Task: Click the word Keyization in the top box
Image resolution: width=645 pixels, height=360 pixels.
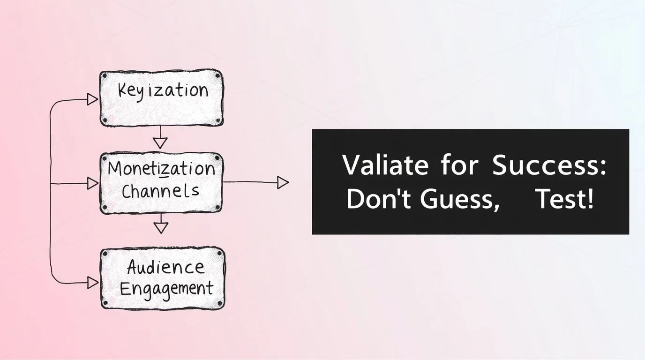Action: (x=163, y=91)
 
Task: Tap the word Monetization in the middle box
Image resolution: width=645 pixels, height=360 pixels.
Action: (x=161, y=168)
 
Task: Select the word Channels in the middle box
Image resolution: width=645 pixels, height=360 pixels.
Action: (x=160, y=191)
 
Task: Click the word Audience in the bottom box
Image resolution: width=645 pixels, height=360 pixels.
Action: (x=165, y=267)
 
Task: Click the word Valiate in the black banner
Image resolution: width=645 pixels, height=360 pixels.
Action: (x=385, y=165)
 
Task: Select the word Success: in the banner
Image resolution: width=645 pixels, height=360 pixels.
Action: (x=549, y=165)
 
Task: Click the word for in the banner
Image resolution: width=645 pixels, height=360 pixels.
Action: (x=459, y=165)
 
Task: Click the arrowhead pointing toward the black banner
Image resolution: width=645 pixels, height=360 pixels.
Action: (x=283, y=183)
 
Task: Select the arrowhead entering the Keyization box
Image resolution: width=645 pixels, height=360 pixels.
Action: (x=93, y=100)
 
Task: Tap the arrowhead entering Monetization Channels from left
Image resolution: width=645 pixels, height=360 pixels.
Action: (x=93, y=183)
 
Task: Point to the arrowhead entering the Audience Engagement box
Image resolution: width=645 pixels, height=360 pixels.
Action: (x=93, y=283)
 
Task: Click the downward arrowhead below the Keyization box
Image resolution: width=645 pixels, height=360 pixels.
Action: (x=160, y=143)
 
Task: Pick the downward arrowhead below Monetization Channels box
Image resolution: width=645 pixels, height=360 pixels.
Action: (x=161, y=228)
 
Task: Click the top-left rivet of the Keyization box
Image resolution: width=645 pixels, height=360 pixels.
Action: (x=104, y=76)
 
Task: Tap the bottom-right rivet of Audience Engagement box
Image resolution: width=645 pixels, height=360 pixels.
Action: (x=220, y=304)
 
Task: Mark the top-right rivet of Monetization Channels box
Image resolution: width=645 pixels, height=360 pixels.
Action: (x=217, y=158)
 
